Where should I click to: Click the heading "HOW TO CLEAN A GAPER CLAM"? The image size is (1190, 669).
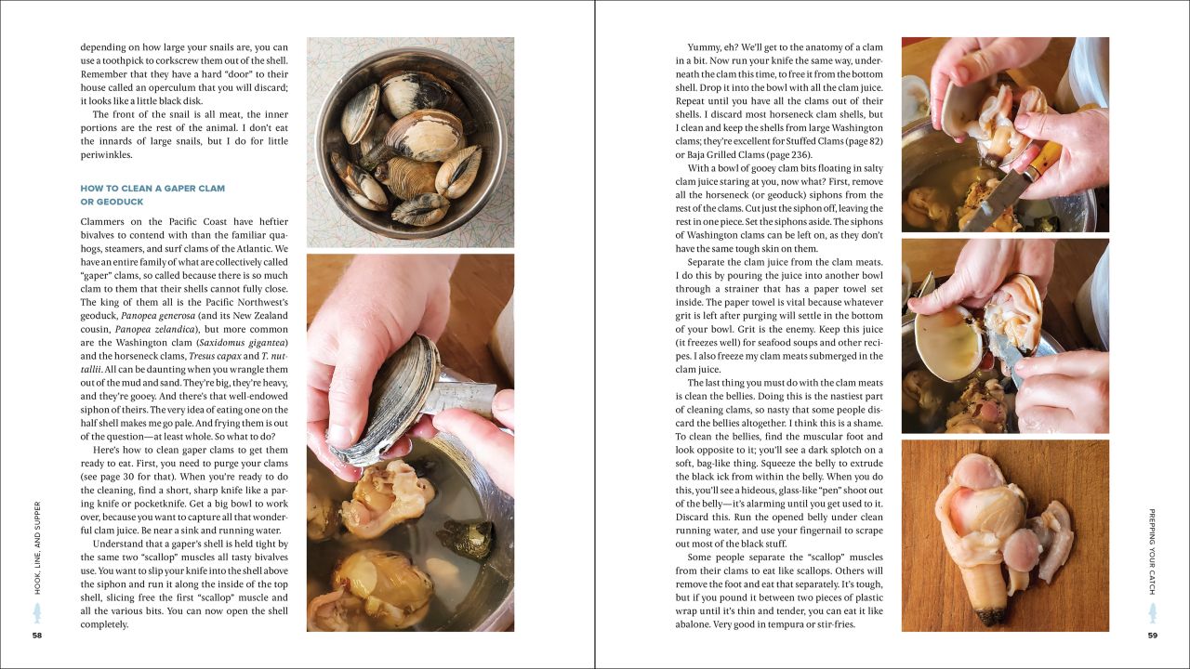(x=152, y=189)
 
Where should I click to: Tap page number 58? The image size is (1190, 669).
(x=37, y=636)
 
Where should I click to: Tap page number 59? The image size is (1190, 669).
(x=1152, y=636)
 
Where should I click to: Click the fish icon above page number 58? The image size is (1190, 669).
(x=37, y=613)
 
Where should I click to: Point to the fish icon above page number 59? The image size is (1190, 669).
(x=1152, y=613)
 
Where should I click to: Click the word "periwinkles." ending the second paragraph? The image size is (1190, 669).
(x=106, y=155)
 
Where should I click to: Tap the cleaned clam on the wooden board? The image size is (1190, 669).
(x=995, y=530)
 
